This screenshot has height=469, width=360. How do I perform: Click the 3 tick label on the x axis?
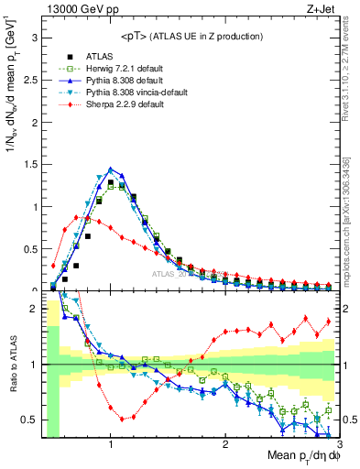(339, 442)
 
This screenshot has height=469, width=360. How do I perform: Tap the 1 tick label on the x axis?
(111, 442)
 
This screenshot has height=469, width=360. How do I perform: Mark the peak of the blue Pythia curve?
(111, 169)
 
